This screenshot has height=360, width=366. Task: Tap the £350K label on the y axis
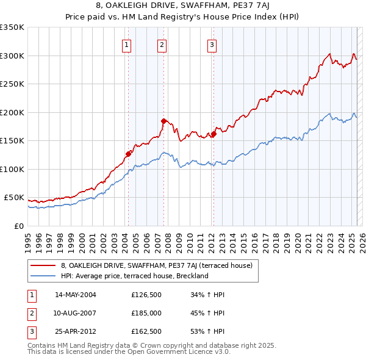tap(13, 27)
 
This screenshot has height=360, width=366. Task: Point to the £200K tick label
tap(13, 112)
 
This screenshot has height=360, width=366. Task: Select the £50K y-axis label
tap(15, 198)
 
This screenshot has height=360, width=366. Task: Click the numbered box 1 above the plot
tap(126, 44)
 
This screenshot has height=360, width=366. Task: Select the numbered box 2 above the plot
tap(162, 44)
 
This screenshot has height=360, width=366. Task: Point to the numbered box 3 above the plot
tap(212, 44)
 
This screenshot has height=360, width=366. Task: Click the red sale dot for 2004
tap(128, 154)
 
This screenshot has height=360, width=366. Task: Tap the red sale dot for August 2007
tap(163, 121)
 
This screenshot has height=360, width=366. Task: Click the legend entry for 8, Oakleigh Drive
tap(160, 265)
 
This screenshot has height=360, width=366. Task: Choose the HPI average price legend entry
tap(135, 276)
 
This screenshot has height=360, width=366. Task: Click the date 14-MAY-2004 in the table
tap(76, 295)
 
